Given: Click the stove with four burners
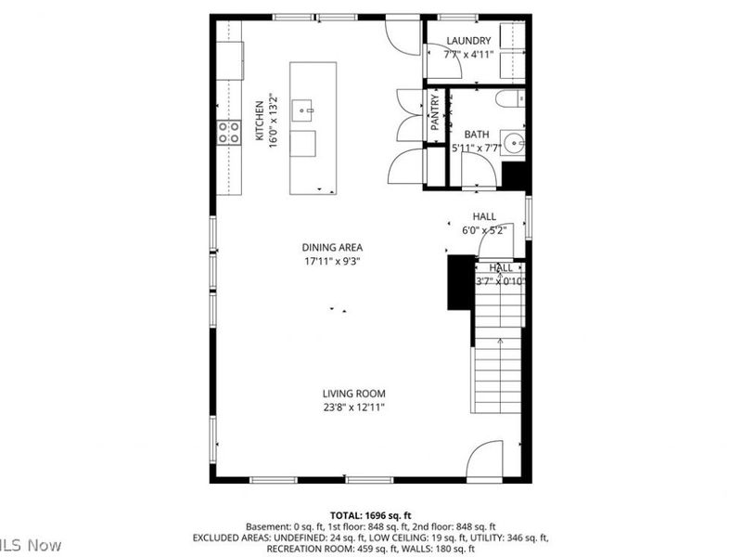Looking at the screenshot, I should pyautogui.click(x=228, y=133).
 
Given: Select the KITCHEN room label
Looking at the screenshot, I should pyautogui.click(x=260, y=122).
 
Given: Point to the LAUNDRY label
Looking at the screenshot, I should pyautogui.click(x=468, y=41).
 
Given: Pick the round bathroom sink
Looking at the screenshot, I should pyautogui.click(x=516, y=142).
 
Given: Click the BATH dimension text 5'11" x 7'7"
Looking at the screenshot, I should pyautogui.click(x=476, y=148).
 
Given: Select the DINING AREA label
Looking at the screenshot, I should pyautogui.click(x=332, y=247).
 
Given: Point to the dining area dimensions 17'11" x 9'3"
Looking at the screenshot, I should pyautogui.click(x=332, y=261).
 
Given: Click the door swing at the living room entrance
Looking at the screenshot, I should pyautogui.click(x=483, y=460).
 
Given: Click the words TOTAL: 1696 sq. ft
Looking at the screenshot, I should pyautogui.click(x=370, y=514).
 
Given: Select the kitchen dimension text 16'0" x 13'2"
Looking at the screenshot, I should pyautogui.click(x=275, y=122).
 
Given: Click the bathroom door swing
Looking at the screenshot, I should pyautogui.click(x=478, y=171).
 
